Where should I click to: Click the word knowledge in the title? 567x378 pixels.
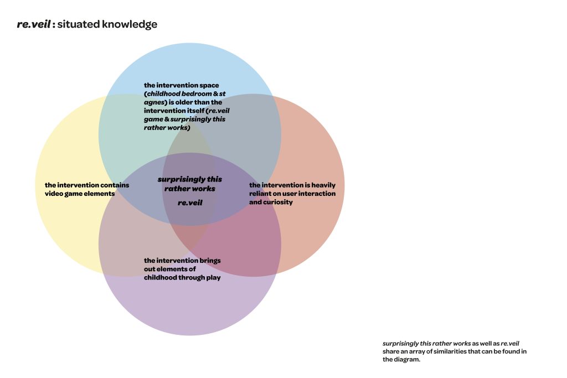coord(130,24)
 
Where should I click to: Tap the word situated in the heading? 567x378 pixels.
coord(79,24)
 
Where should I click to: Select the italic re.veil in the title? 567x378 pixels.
coord(34,24)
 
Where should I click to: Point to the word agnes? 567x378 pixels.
coord(154,102)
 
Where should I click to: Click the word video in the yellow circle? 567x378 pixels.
coord(53,194)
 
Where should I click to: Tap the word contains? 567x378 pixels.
coord(115,185)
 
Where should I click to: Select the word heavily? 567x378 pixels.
coord(323,185)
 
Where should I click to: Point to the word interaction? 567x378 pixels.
coord(318,194)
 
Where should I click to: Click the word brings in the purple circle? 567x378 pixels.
coord(210,261)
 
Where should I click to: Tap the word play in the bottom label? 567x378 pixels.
coord(213,278)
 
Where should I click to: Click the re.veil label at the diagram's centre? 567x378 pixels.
coord(190,203)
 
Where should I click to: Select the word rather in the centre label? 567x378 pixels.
coord(176,189)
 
